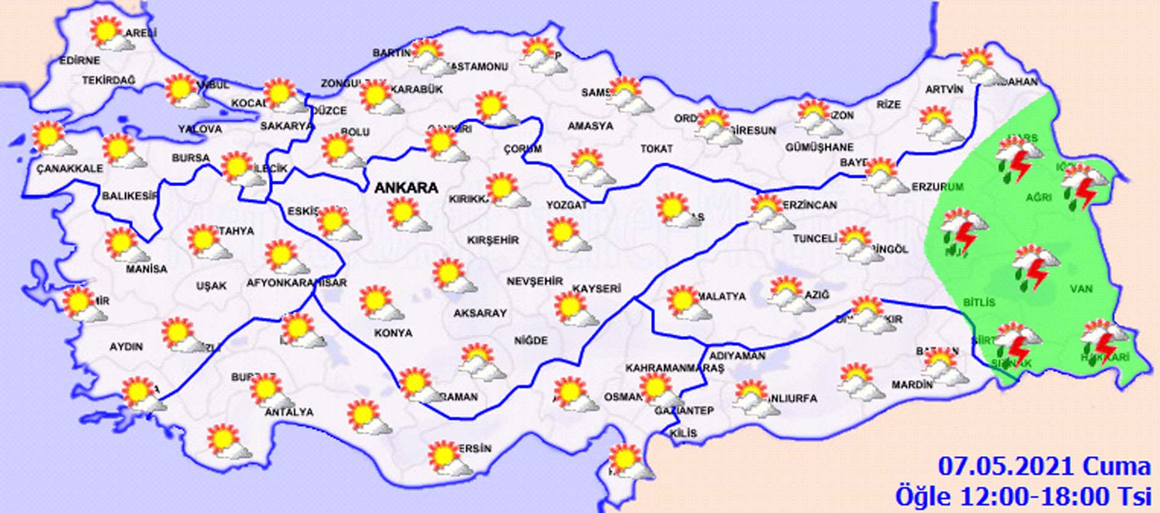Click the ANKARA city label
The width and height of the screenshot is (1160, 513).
pos(406,187)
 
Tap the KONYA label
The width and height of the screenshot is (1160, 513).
pos(393,333)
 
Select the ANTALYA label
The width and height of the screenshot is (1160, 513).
pos(289,412)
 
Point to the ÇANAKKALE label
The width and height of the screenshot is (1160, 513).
pos(69,168)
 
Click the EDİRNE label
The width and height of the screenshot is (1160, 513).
pos(79,60)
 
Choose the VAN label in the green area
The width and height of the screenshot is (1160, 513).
pos(1081,288)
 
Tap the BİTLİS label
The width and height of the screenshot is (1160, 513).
pos(979,302)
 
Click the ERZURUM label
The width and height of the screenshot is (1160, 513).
pos(937,187)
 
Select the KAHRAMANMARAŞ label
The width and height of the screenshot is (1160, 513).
pos(674,368)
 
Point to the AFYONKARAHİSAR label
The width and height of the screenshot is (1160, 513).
pos(296,283)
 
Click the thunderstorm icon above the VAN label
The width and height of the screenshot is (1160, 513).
pos(1035,267)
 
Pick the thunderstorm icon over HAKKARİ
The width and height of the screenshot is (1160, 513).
pos(1103,341)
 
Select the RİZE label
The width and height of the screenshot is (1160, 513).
pos(888,104)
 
